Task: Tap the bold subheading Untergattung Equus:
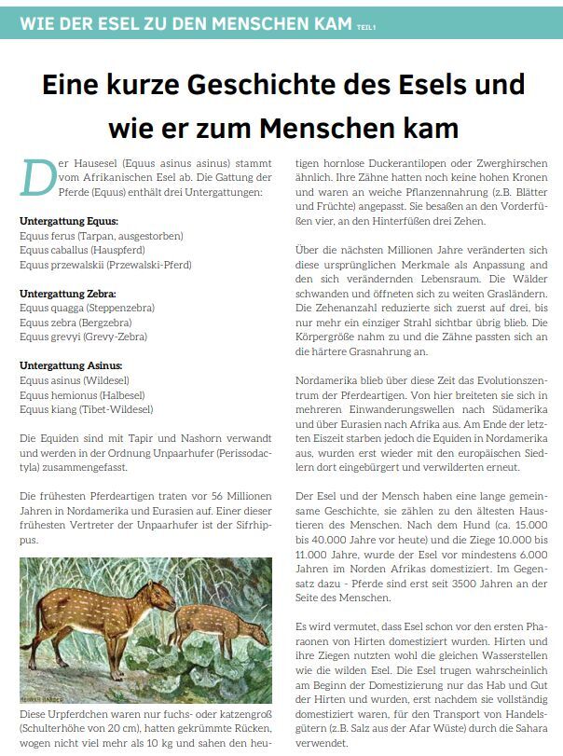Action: (x=69, y=221)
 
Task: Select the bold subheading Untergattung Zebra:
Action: (x=68, y=293)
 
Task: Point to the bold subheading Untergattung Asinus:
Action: (x=71, y=365)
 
